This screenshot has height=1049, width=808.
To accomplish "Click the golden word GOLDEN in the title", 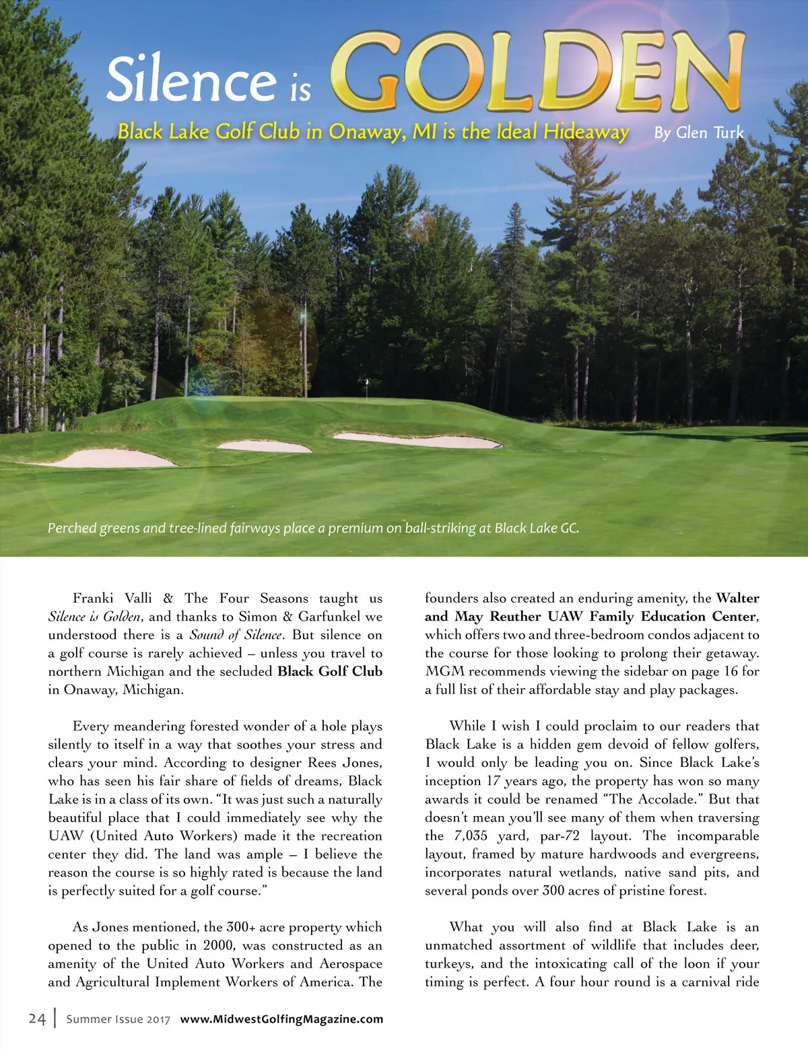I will pos(539,73).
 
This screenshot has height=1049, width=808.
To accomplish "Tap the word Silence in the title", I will pos(191,79).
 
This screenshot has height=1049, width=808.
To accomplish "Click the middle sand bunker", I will pos(264,446).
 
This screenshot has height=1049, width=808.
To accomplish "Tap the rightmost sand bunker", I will pos(417,440).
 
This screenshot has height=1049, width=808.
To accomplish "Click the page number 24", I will pos(37,1019).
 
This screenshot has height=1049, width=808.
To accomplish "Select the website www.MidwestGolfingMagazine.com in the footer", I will pos(281,1019).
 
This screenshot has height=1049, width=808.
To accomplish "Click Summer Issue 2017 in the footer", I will pos(119,1019).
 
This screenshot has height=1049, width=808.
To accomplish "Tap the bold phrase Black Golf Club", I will pos(330,671).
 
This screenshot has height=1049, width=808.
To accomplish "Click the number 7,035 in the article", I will pos(471,836).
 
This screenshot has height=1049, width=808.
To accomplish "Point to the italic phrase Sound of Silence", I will pos(236,635).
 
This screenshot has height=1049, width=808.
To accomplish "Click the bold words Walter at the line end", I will pos(737,598).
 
